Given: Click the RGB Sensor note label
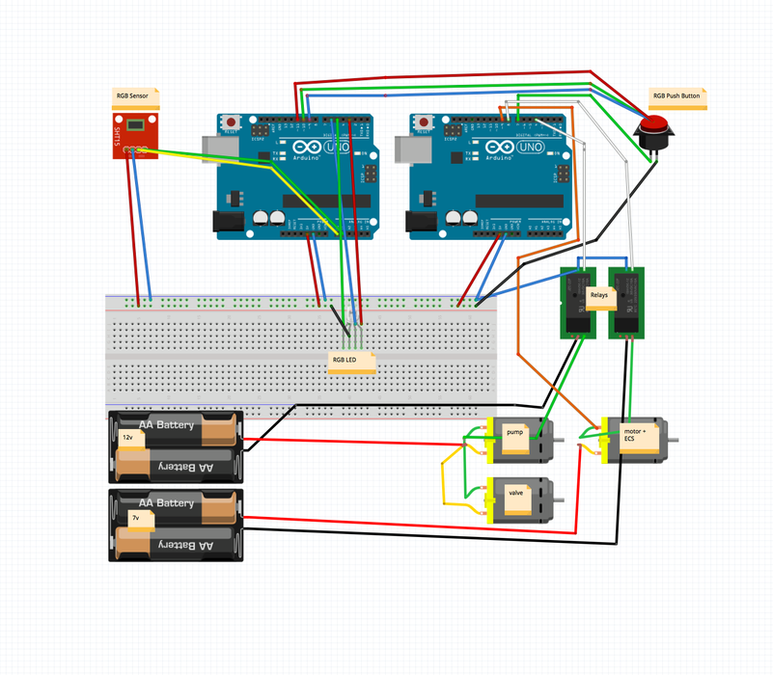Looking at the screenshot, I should pyautogui.click(x=136, y=96).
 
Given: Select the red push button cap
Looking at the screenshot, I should pyautogui.click(x=655, y=124).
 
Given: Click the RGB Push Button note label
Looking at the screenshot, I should pyautogui.click(x=677, y=96).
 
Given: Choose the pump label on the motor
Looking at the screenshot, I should pyautogui.click(x=514, y=435).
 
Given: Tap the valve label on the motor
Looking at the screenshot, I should pyautogui.click(x=515, y=494).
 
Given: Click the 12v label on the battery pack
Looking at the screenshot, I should pyautogui.click(x=129, y=439).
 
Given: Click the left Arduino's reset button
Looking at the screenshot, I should pyautogui.click(x=232, y=122).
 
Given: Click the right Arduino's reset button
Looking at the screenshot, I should pyautogui.click(x=425, y=122).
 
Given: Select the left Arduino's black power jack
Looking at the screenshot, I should pyautogui.click(x=228, y=221).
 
